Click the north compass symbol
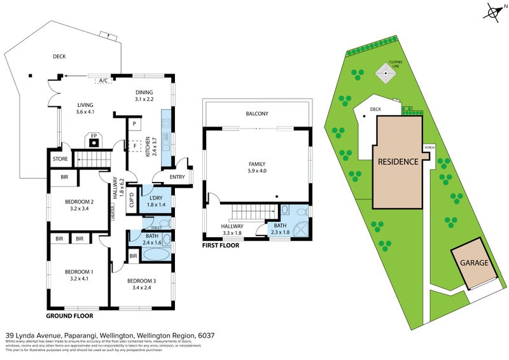[493, 13]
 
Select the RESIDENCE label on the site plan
[398, 162]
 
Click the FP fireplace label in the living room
[94, 136]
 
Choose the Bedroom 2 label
[79, 202]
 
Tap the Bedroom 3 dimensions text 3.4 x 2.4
[141, 287]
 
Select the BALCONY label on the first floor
[257, 114]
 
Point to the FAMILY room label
[256, 164]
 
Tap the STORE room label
[60, 159]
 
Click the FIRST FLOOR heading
[221, 245]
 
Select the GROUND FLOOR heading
[70, 315]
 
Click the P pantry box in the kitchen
[135, 123]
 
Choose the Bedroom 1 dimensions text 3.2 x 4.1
[79, 278]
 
